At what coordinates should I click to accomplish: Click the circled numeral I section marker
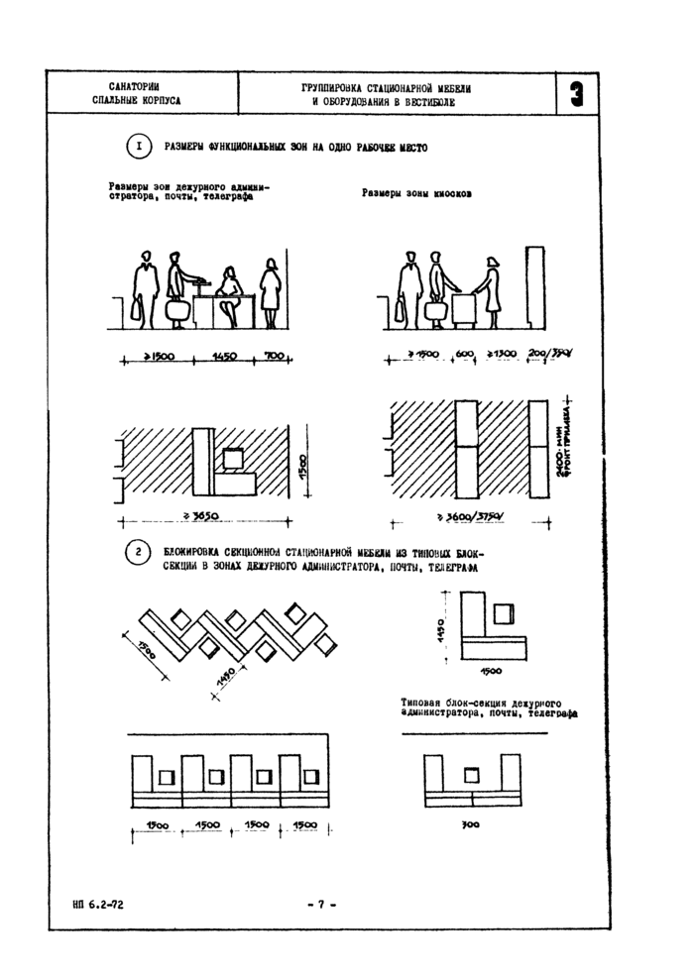(139, 148)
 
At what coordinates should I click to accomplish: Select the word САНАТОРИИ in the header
(136, 87)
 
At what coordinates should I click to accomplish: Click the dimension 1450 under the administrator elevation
(224, 357)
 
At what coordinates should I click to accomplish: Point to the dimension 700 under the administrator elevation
(274, 357)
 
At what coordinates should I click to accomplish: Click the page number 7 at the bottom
(322, 904)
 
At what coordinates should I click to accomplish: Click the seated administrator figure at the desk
(231, 294)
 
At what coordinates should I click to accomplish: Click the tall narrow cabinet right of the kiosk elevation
(536, 286)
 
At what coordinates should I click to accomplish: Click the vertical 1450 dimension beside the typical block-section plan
(445, 626)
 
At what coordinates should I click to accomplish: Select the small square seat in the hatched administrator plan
(234, 458)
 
